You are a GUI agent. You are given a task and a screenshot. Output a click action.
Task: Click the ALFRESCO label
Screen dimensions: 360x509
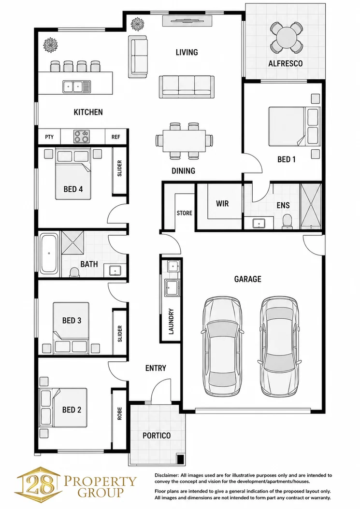[x=285, y=64]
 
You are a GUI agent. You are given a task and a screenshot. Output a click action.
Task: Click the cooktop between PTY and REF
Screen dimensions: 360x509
[x=81, y=136]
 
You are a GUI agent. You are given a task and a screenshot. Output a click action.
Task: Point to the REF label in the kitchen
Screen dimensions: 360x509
[x=115, y=137]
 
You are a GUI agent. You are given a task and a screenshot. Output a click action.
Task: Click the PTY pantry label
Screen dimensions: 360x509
[x=49, y=137]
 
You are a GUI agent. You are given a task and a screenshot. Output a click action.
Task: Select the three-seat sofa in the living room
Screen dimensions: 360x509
[x=187, y=86]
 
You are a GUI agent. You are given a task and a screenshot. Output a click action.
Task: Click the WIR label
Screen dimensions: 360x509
[x=222, y=204]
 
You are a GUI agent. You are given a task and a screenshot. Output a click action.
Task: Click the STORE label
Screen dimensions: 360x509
[x=184, y=213]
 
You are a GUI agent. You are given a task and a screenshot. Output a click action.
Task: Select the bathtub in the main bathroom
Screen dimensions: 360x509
[x=49, y=254]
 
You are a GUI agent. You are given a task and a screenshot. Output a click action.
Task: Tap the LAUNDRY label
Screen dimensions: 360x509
[x=171, y=321]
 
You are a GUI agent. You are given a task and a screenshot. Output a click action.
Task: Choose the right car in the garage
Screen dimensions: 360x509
[x=280, y=347]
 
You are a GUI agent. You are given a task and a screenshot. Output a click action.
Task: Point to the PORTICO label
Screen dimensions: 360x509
[x=157, y=436]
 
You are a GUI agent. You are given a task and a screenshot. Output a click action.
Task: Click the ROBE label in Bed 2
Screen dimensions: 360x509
[x=119, y=413]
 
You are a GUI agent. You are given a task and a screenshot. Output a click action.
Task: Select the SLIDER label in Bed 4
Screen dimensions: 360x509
[x=119, y=169]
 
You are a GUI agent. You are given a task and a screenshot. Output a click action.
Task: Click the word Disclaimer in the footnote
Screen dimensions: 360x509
[x=167, y=475]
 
